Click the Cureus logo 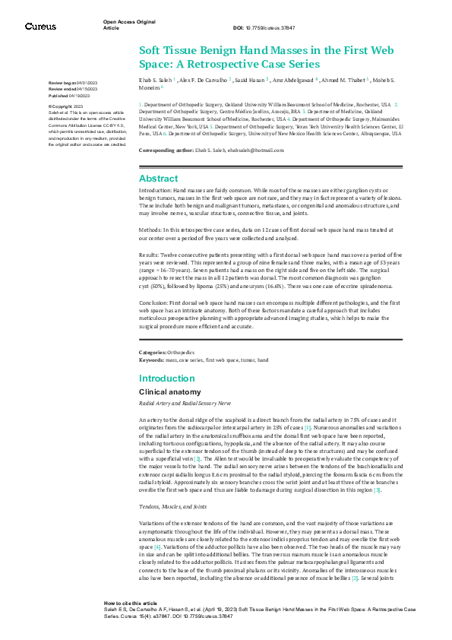tap(40, 27)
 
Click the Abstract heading tap(158, 179)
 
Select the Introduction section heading tap(166, 378)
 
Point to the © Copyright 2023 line tap(68, 106)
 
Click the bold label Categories tap(152, 353)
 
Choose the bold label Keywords tap(151, 359)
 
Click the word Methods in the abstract tap(150, 227)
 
